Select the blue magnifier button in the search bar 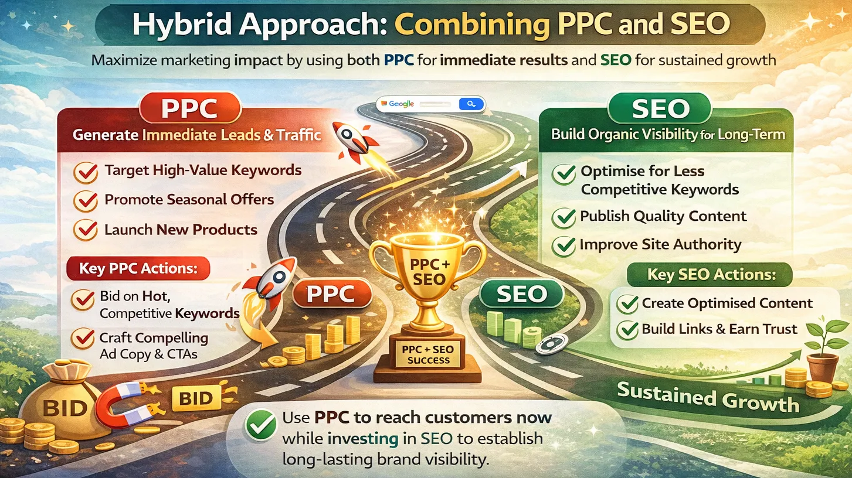pos(470,104)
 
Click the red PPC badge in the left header pos(189,110)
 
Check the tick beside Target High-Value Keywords pos(86,172)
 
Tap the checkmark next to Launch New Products pos(86,230)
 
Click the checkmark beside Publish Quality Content pos(564,217)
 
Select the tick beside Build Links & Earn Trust pos(629,330)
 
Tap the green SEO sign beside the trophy pos(521,294)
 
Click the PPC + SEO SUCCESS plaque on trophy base pos(428,354)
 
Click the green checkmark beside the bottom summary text pos(261,425)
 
